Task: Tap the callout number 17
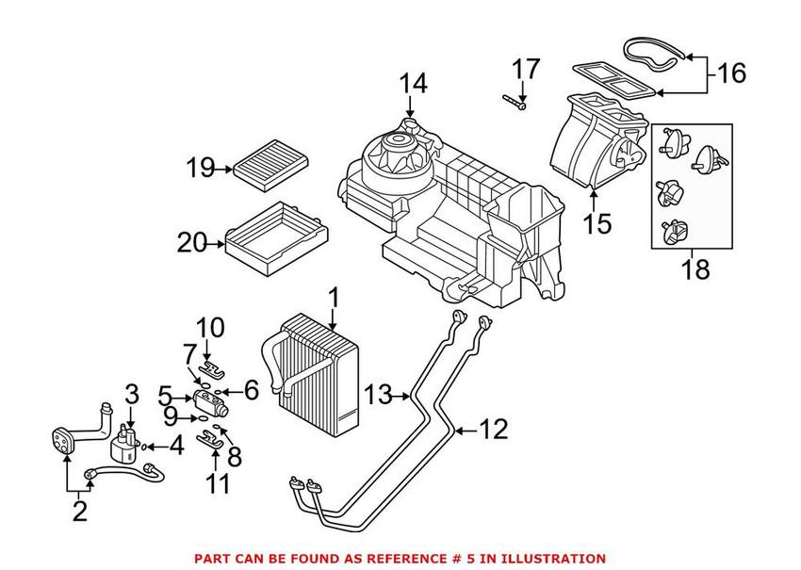coord(527,69)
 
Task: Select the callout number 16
coord(731,73)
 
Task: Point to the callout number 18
coord(695,270)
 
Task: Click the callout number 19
coord(200,170)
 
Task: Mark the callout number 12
coord(494,431)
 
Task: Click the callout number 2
coord(79,513)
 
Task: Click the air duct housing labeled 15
coord(594,141)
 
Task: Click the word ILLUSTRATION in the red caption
coord(552,559)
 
